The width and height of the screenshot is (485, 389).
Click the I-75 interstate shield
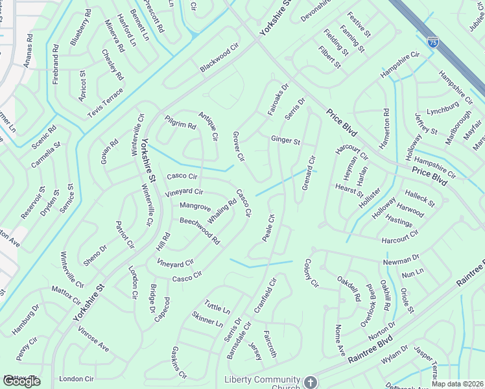tap(432, 41)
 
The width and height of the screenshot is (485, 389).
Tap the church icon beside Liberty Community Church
tap(311, 382)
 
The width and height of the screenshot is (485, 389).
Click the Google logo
tap(21, 381)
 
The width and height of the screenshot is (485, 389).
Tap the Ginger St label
tap(285, 141)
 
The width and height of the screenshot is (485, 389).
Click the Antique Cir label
tap(209, 126)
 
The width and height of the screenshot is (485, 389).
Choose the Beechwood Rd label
tap(200, 231)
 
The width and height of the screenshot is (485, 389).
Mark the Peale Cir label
tap(268, 228)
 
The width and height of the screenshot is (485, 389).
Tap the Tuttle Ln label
tap(217, 308)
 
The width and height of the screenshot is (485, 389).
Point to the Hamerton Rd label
tap(386, 130)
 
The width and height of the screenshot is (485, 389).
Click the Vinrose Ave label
tap(93, 338)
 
